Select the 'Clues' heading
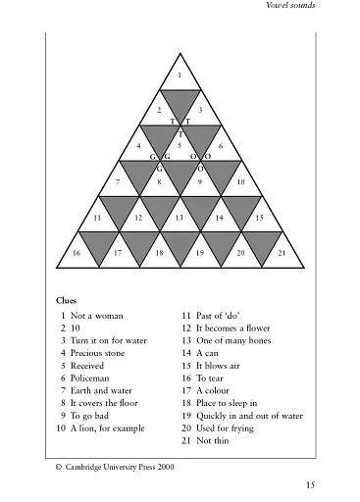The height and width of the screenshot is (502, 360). click(68, 299)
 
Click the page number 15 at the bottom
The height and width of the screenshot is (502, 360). click(310, 484)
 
